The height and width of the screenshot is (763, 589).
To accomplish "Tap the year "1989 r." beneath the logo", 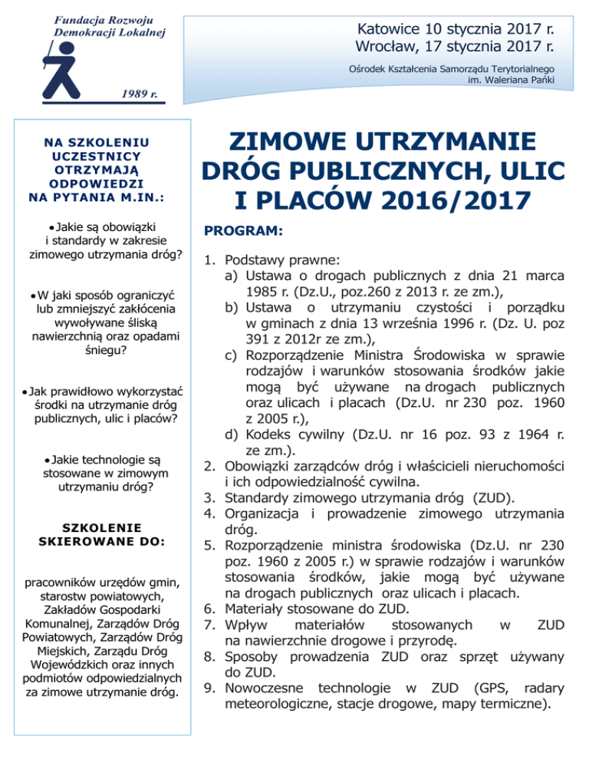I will pos(139,95).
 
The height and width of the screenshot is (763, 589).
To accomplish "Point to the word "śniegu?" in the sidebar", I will pos(101,352).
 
